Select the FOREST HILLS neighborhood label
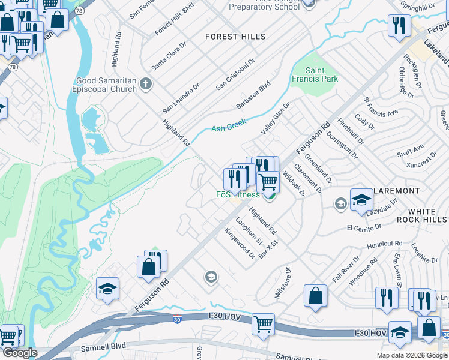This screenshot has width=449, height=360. coord(235,37)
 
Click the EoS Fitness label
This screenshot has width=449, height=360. coord(238,194)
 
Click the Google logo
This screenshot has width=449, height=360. coord(19,353)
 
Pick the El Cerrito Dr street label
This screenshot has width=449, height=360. coord(364,227)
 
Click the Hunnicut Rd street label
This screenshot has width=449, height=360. coord(385,244)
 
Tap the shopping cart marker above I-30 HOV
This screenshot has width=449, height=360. coord(263,325)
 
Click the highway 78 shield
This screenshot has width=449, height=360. coord(12,68)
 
